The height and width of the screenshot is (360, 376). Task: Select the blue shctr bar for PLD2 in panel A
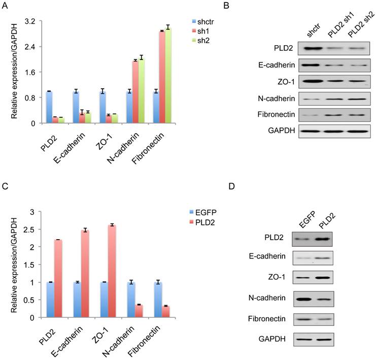click(x=49, y=107)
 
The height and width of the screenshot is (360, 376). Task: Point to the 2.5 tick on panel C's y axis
click(x=33, y=229)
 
